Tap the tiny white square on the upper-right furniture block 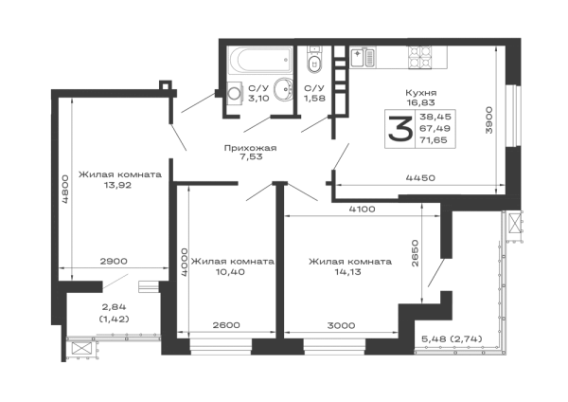pyautogui.click(x=389, y=123)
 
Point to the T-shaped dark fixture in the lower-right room pyautogui.click(x=346, y=265)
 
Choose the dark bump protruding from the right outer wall pyautogui.click(x=518, y=228)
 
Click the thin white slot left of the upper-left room pyautogui.click(x=65, y=133)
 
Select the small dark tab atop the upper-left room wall pyautogui.click(x=163, y=81)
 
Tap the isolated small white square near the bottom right pyautogui.click(x=432, y=296)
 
